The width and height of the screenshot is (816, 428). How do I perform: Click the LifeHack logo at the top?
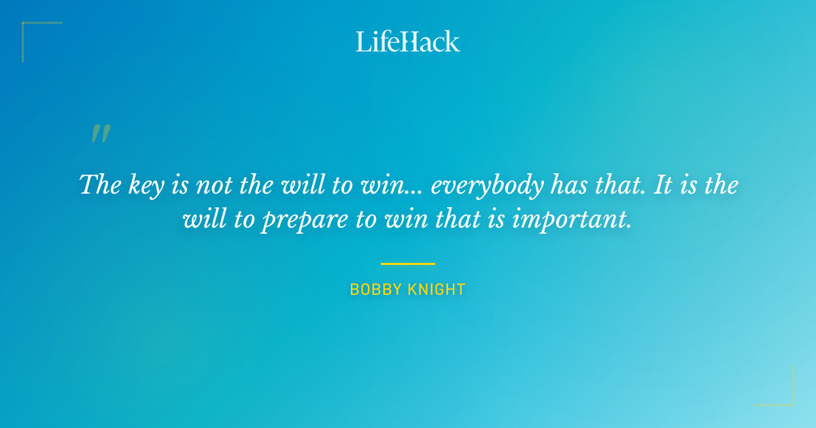(407, 41)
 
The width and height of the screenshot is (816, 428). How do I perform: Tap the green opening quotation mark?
(100, 134)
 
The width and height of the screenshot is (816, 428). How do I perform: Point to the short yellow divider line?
(407, 264)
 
